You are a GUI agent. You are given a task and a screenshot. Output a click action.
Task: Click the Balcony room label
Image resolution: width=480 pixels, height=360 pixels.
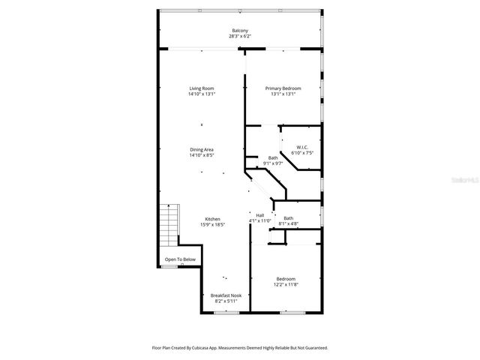pos(240,30)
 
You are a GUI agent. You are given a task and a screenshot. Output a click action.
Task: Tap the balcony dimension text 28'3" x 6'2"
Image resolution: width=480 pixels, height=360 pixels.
pos(240,36)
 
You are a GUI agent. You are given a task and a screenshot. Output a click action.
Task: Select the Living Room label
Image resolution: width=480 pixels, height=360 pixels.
pos(201,88)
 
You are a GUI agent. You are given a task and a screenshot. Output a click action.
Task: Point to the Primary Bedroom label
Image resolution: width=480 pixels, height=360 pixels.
pos(282,88)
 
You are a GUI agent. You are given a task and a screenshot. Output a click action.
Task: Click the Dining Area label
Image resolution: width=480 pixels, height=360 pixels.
pos(201,149)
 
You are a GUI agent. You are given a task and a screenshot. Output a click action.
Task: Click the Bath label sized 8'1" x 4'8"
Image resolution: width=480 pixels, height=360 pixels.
pos(288,218)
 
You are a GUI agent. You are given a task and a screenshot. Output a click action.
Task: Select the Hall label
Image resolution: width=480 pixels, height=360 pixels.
pos(259,215)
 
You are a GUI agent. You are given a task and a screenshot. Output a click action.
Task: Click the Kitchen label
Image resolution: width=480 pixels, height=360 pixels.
pos(213,219)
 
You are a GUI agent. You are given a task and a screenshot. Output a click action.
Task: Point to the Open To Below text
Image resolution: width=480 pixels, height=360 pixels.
pos(180,259)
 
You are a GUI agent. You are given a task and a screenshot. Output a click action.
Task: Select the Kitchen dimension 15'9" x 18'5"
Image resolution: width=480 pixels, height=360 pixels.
pos(213,225)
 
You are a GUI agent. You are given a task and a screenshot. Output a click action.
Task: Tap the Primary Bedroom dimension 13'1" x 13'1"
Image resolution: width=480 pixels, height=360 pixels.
pos(282,94)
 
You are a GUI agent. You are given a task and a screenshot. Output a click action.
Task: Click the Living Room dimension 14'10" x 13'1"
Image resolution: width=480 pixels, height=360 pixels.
pos(201,94)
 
